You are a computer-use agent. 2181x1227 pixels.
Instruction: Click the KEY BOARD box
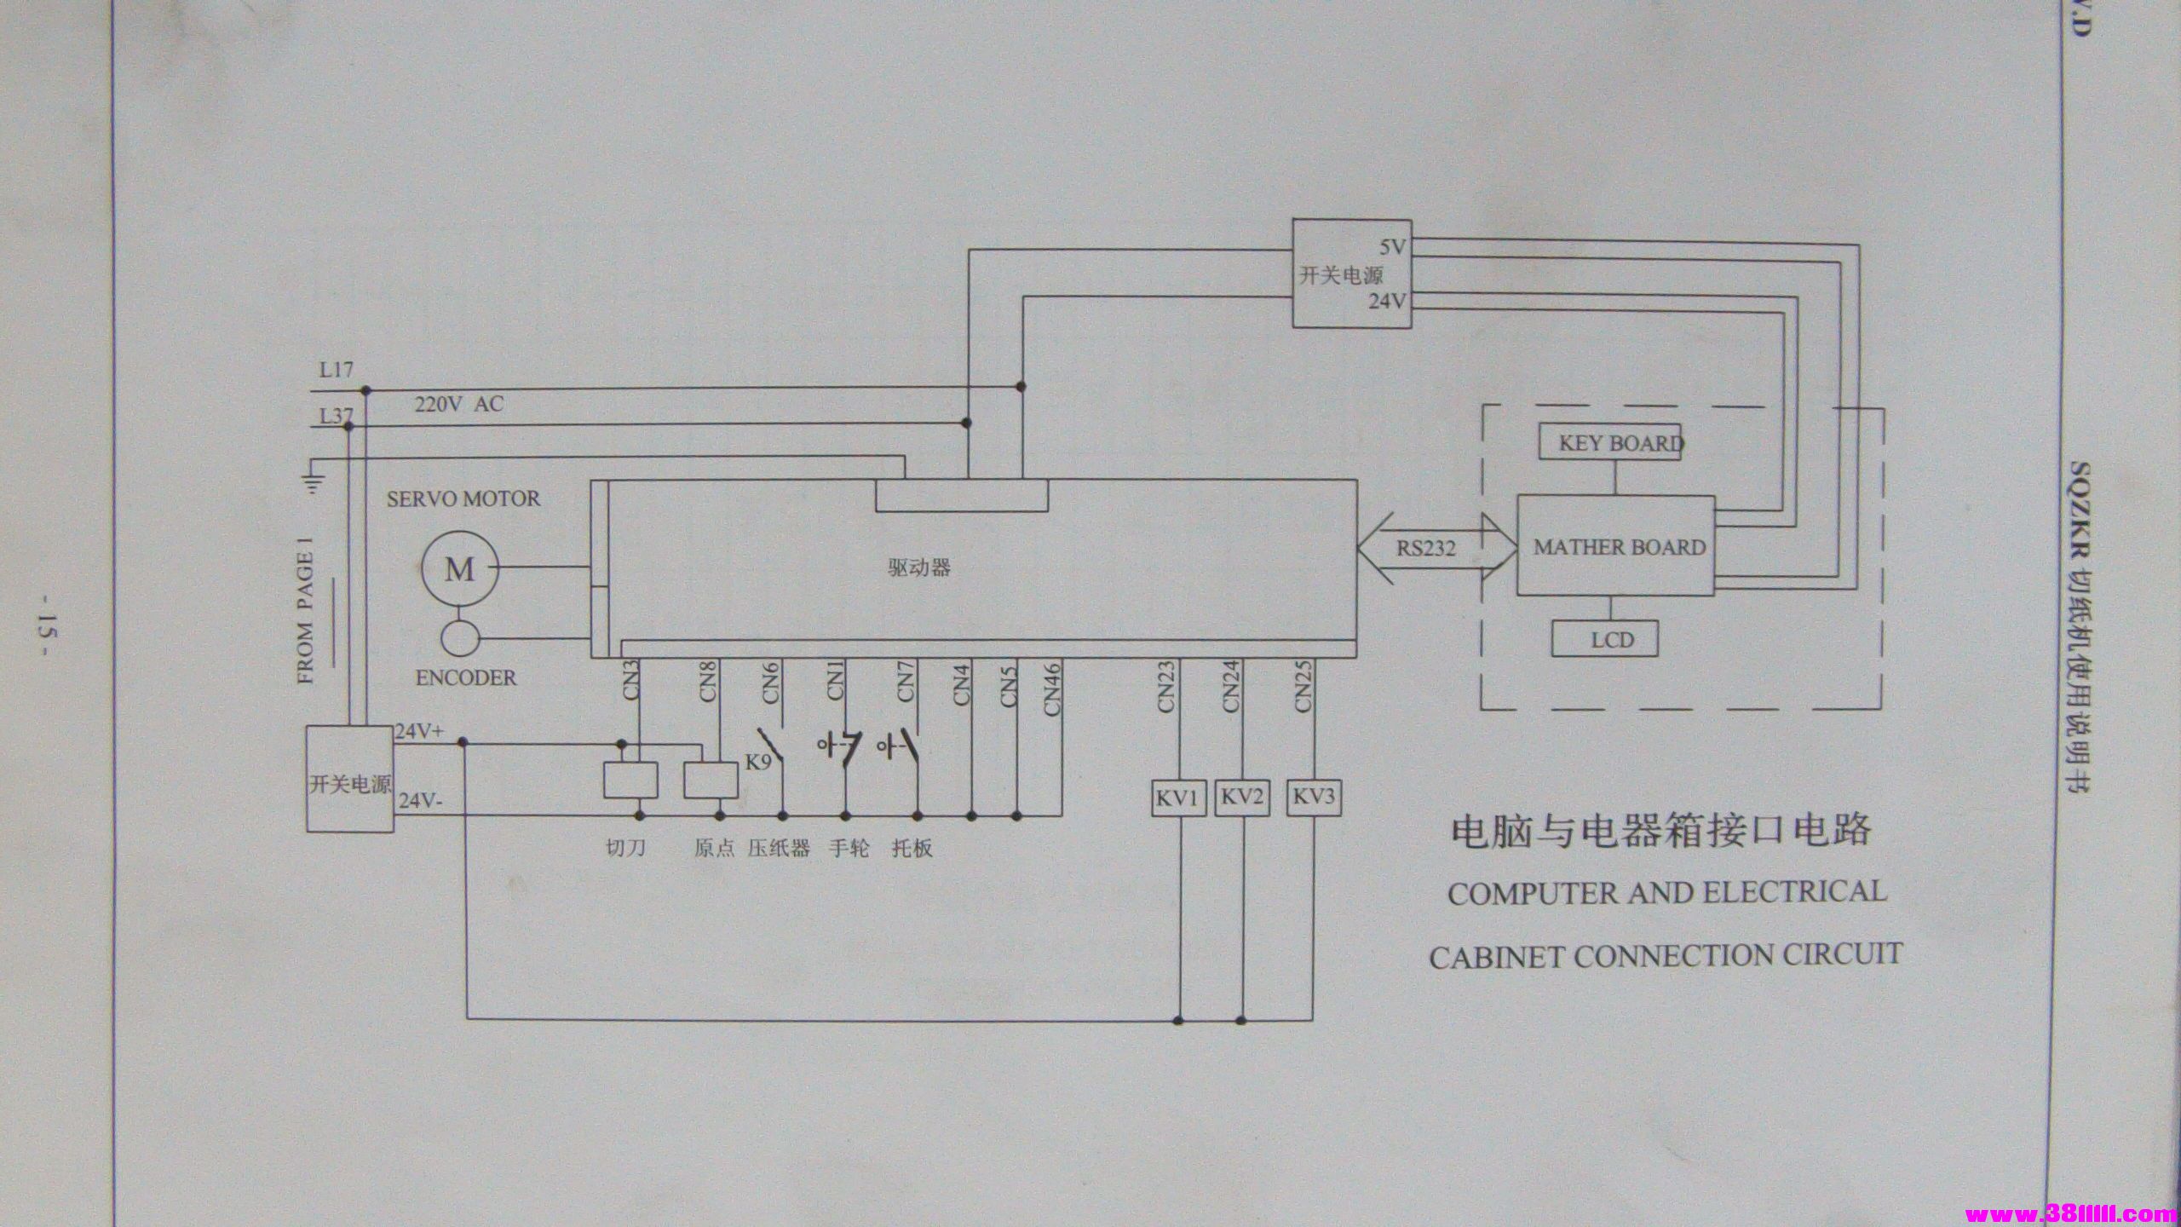(x=1610, y=443)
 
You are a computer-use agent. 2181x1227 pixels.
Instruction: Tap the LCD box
(x=1605, y=639)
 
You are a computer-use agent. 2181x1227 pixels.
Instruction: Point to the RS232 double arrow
(x=1436, y=547)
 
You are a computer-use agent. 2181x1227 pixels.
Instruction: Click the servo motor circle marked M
(x=459, y=568)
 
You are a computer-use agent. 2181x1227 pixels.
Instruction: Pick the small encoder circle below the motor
(x=459, y=637)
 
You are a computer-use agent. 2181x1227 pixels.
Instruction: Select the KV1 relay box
(x=1178, y=798)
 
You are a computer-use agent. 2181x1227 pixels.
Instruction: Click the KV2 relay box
(x=1241, y=798)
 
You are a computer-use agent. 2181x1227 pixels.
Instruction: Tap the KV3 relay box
(x=1313, y=798)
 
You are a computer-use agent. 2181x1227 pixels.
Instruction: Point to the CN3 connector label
(x=632, y=682)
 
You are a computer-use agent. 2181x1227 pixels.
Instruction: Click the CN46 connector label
(x=1051, y=688)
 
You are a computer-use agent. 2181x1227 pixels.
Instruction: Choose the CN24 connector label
(x=1231, y=687)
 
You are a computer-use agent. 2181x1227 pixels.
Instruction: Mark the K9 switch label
(x=758, y=762)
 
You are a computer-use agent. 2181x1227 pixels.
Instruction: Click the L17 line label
(x=336, y=371)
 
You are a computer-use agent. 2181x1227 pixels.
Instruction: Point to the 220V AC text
(x=458, y=404)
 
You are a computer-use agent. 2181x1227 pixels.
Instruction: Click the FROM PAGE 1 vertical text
(x=306, y=618)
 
